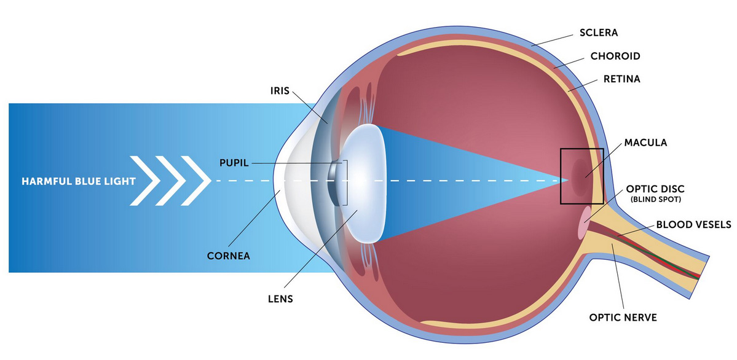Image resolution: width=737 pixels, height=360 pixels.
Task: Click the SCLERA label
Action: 598,33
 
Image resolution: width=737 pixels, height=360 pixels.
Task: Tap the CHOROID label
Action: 615,57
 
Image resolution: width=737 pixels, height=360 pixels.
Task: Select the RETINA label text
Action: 622,79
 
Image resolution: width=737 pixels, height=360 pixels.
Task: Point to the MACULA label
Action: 645,143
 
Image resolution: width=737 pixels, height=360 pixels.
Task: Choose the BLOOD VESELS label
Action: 693,225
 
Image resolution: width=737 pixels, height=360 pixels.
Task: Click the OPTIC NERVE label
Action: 623,318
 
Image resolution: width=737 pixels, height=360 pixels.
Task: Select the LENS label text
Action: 279,299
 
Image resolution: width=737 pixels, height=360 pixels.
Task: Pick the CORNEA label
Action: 229,257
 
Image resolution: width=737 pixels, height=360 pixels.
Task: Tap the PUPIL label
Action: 234,163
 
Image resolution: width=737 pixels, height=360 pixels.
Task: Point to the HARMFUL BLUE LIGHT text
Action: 79,181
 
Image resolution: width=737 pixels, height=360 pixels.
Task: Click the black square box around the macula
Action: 561,176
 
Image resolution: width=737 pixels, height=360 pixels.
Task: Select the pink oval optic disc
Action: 584,222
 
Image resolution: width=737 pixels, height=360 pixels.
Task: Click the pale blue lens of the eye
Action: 365,183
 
